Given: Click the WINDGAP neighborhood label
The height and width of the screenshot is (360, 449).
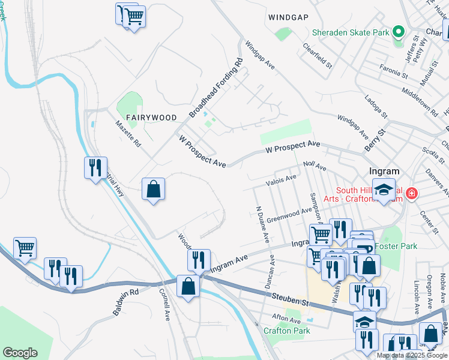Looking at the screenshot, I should tap(292, 17).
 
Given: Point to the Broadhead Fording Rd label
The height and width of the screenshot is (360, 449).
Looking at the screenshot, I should tap(216, 88).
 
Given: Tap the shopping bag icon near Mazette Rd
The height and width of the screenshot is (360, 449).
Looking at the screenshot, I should tap(154, 190).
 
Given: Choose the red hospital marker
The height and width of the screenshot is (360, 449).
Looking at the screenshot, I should tap(411, 193).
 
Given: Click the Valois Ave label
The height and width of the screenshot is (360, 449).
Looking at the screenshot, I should tap(282, 178).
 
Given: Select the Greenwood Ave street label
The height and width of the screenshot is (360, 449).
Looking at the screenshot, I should tap(290, 214).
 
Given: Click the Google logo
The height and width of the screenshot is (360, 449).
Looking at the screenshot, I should tap(20, 353).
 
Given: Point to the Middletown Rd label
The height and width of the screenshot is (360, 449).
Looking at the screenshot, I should tap(420, 100).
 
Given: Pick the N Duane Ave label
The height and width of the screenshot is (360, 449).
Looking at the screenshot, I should tap(262, 225).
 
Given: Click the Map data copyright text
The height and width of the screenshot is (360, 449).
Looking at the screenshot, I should tap(412, 355).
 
